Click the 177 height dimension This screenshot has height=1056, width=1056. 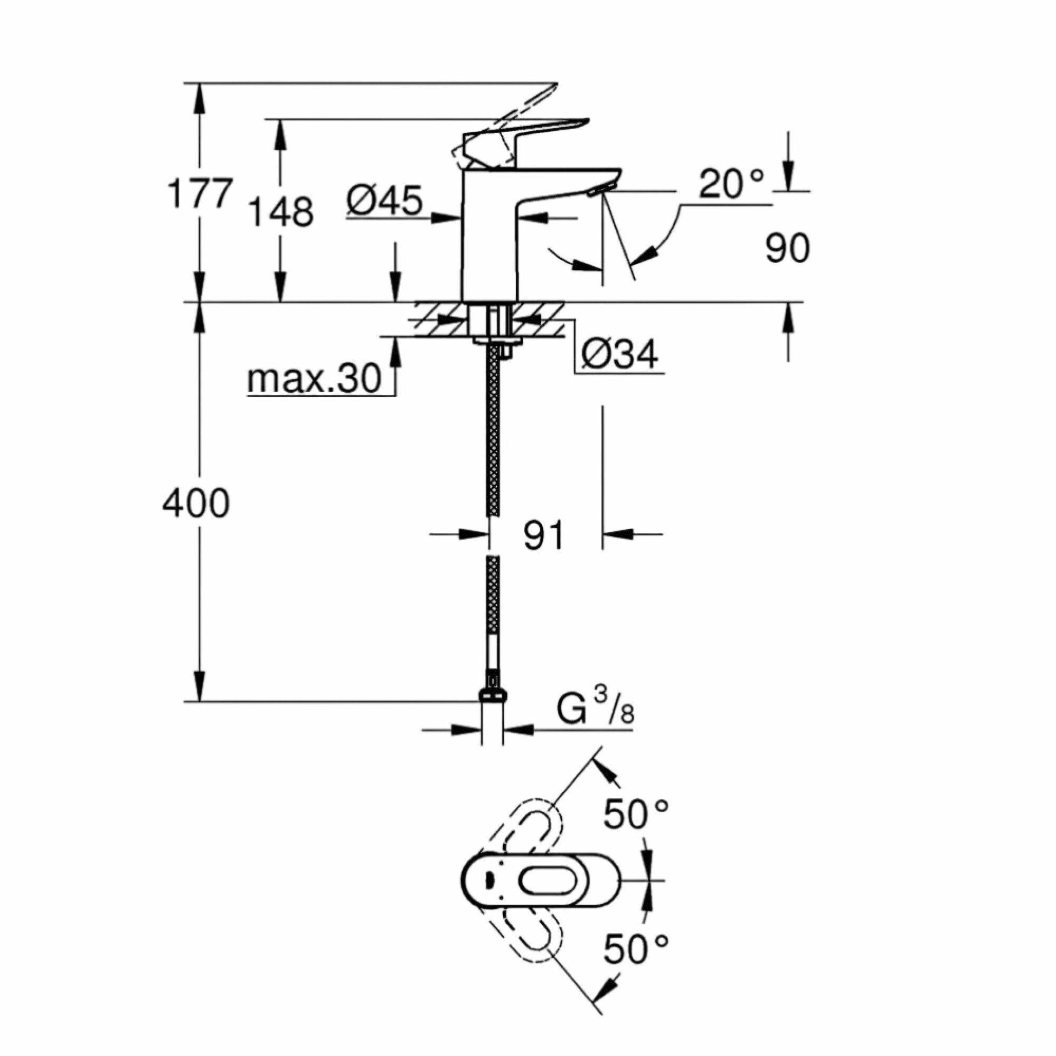[x=200, y=193]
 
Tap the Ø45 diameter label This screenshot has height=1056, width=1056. [x=384, y=200]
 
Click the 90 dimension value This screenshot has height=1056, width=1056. [x=787, y=249]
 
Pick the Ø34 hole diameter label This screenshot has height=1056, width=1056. [x=619, y=355]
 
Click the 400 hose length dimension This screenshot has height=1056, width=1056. [x=196, y=503]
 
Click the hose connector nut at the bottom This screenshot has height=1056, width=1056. [x=493, y=694]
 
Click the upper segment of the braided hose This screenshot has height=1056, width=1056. [x=494, y=432]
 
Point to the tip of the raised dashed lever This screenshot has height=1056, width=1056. [x=554, y=86]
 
